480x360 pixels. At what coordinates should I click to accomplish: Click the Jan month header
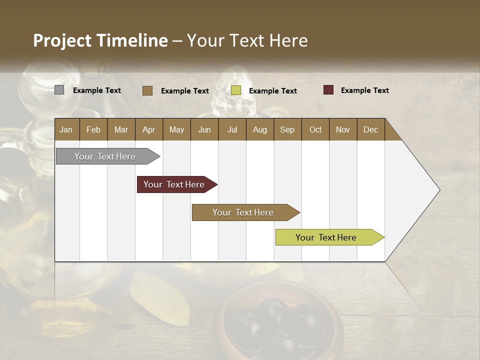pos(66,129)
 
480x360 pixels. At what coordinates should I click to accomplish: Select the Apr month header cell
pos(149,129)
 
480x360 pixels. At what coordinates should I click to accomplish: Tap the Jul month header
pos(232,129)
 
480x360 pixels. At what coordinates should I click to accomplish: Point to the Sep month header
pos(287,129)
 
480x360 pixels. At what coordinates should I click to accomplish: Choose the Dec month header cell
pos(371,129)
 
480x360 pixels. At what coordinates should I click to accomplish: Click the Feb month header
pos(93,129)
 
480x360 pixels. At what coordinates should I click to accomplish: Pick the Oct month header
pos(315,129)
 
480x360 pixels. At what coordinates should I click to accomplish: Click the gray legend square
pos(59,90)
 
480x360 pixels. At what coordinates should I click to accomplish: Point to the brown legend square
pos(147,90)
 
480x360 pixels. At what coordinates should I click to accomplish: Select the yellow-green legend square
pos(236,90)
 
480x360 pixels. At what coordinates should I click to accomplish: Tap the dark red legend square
pos(328,90)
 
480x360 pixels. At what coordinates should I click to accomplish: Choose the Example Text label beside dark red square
pos(364,90)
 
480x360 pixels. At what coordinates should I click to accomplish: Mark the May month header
pos(176,129)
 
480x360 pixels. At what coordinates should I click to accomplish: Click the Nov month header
pos(343,129)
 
